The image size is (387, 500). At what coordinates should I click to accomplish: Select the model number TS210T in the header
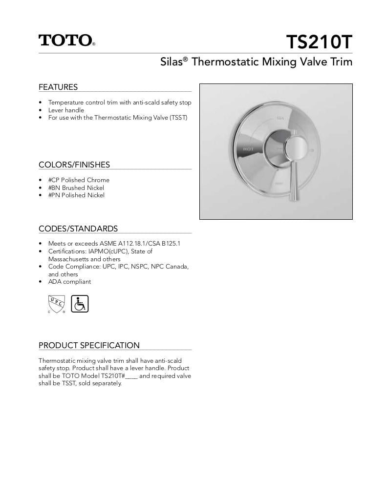coord(319,42)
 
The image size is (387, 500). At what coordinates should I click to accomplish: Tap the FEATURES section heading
coord(58,87)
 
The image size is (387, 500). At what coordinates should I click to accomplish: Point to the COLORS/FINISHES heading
coord(74,165)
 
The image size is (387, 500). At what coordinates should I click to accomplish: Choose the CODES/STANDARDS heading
coord(78,229)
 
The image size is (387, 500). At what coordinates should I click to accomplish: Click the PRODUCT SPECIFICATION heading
coord(89,345)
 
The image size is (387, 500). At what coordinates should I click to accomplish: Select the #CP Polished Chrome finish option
coord(79,180)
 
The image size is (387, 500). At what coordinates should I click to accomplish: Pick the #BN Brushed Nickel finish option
coord(76,187)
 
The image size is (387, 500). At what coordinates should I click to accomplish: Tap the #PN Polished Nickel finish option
coord(76,195)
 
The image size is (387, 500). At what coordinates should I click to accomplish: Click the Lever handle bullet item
coord(66,110)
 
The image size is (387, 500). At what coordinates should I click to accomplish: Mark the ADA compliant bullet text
coord(69,282)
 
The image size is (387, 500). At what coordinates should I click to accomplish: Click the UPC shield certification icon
coord(56,304)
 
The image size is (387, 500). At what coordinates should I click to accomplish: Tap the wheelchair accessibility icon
coord(80,304)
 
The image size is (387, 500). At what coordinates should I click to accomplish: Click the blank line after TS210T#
coord(132,376)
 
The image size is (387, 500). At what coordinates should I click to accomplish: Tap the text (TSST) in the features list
coord(179,118)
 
